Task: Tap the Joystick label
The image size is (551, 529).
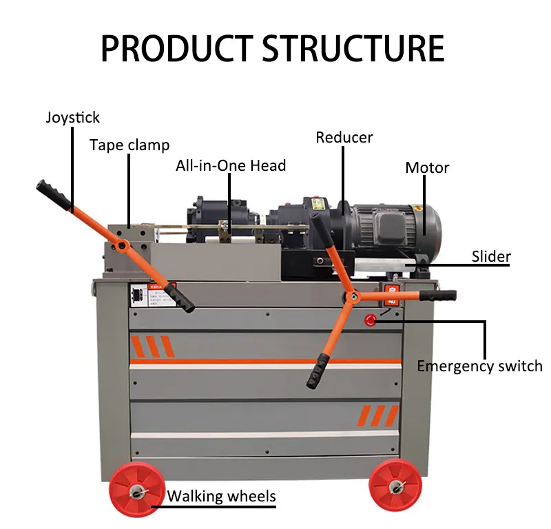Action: [73, 117]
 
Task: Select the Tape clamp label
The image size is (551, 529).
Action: [129, 145]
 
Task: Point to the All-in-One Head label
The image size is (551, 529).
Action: [231, 165]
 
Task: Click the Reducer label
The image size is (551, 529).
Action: [344, 137]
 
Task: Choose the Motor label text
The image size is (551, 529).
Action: [427, 167]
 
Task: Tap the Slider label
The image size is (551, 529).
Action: [491, 257]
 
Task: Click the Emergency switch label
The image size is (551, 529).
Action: [479, 366]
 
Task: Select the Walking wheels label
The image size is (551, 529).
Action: [221, 496]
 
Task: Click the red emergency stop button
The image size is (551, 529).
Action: [371, 320]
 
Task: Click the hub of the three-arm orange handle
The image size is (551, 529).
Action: [353, 297]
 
